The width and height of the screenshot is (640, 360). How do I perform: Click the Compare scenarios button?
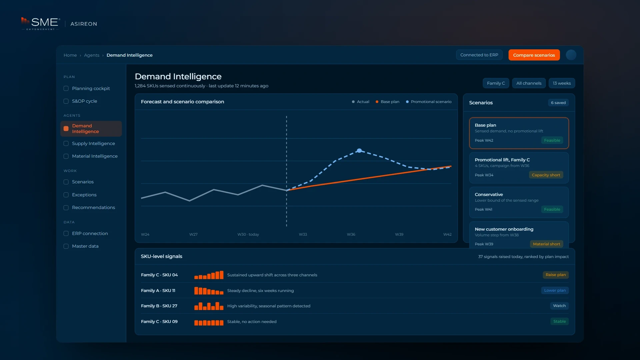coord(534,55)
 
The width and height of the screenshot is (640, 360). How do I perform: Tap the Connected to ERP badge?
coord(479,55)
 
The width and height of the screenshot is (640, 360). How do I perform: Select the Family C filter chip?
coord(496,83)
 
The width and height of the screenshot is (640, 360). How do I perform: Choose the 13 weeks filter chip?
coord(562,83)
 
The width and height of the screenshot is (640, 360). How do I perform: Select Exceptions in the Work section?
coord(84,195)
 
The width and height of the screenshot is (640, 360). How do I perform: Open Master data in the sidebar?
coord(85,246)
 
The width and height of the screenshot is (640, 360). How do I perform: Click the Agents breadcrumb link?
coord(92,55)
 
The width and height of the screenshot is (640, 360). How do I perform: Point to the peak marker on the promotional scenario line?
coord(359,151)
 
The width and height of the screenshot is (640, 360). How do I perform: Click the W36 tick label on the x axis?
coord(351,234)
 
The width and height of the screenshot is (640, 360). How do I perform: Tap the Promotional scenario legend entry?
coord(429,102)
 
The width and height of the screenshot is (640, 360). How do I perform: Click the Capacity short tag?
coord(546,175)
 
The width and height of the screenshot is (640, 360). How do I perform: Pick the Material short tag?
coord(546,244)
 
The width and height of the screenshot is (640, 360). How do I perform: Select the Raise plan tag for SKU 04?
coord(556,275)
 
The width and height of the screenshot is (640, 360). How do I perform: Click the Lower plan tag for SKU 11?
coord(555,290)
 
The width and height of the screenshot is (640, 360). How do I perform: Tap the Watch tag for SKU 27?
coord(559,306)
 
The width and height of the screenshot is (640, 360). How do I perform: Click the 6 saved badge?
coord(558,103)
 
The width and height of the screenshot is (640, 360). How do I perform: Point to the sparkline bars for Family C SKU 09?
coord(209,322)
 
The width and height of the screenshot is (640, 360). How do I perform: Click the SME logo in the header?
coord(40,23)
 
